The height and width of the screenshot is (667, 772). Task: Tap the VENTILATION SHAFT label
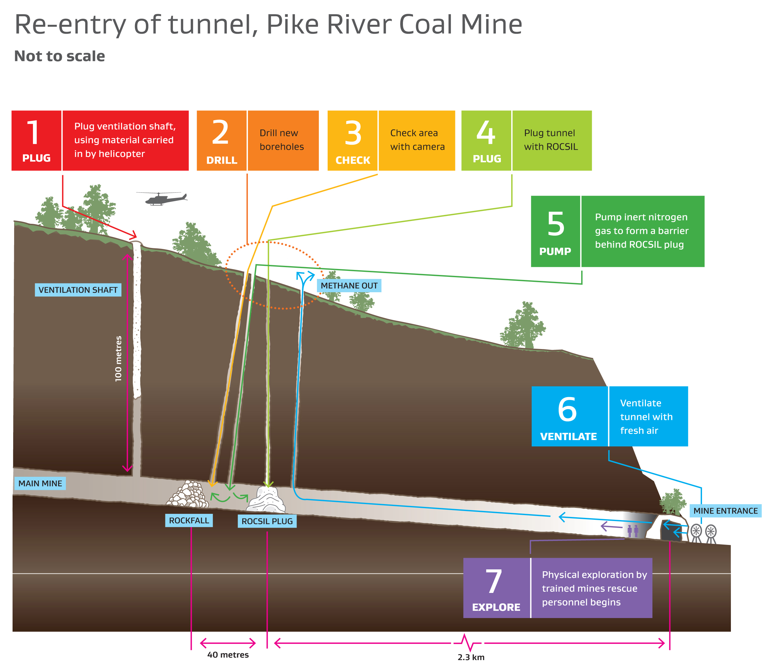pos(78,290)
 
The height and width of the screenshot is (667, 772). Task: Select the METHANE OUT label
pos(349,286)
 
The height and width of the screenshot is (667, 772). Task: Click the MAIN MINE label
pos(40,483)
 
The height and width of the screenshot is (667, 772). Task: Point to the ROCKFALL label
pos(189,520)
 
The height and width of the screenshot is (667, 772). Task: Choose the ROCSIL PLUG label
pos(267,521)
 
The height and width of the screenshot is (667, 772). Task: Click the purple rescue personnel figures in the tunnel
pos(633,531)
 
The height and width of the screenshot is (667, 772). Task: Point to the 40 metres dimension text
pos(228,655)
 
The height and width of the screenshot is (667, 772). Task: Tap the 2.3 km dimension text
pos(471,657)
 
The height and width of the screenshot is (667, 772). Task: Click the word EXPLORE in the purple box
pos(496,607)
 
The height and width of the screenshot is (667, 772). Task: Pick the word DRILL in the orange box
pos(222,160)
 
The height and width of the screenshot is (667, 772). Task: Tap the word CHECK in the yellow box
pos(352,160)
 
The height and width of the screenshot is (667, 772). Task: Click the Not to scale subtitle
pos(60,56)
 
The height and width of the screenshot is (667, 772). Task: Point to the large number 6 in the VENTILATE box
pos(567,409)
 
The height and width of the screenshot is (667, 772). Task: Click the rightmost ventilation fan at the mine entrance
pos(711,531)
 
